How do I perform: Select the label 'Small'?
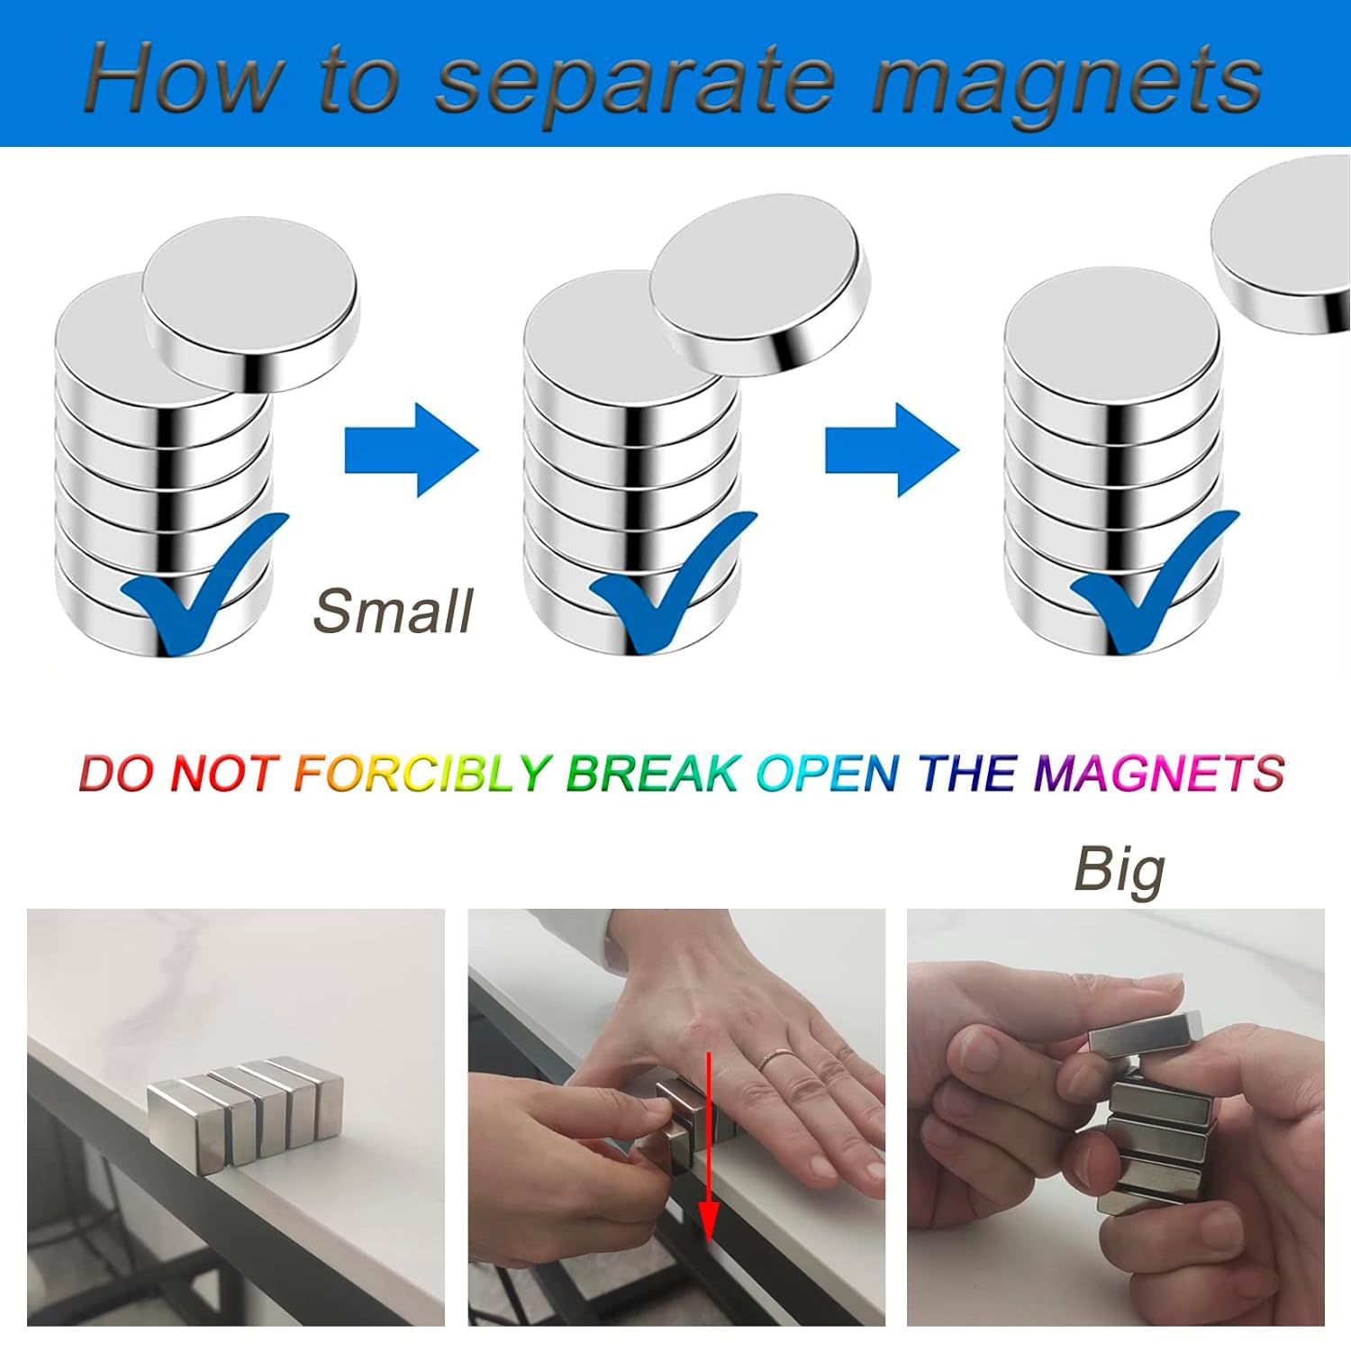coord(393,612)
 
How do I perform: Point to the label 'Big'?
coord(1120,870)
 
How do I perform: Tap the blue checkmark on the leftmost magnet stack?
coord(203,581)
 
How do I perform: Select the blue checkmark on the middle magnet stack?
coord(671,581)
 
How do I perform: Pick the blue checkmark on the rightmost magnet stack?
coord(1153,581)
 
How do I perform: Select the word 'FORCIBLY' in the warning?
coord(422,773)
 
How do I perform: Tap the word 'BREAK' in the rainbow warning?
coord(652,773)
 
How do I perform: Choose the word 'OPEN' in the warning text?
coord(828,773)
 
